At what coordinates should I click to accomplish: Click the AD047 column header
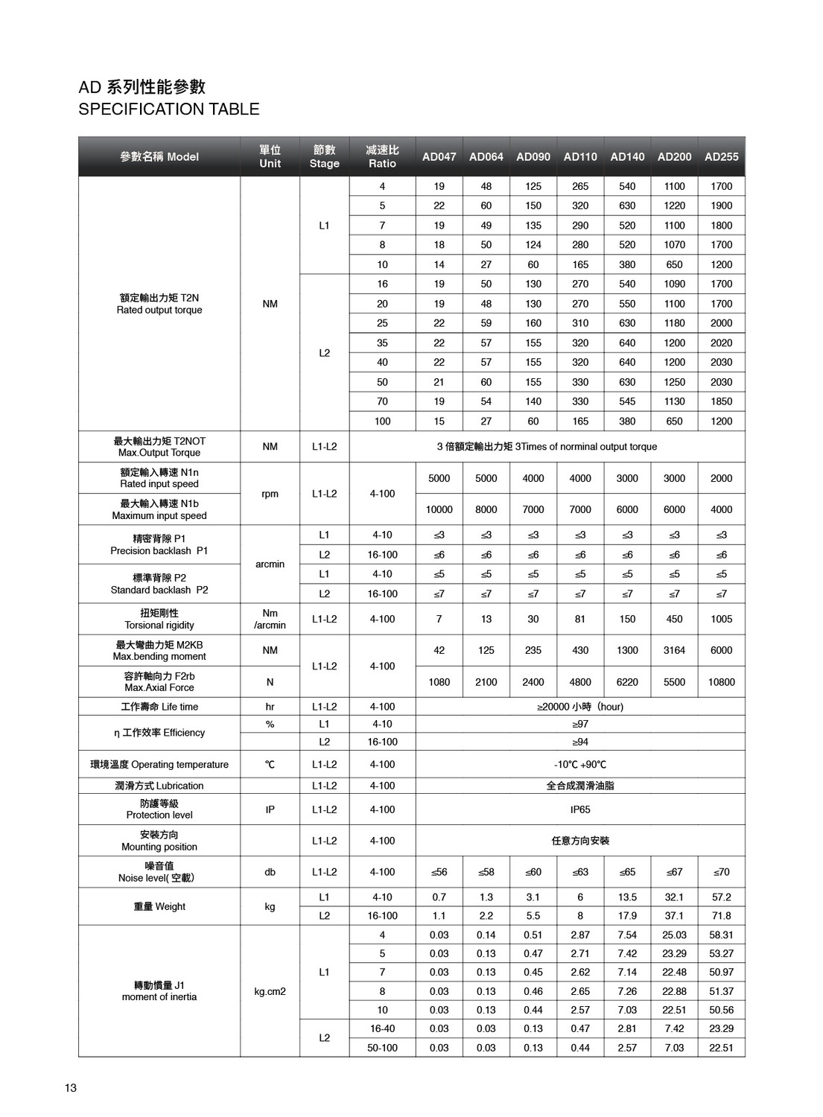[439, 156]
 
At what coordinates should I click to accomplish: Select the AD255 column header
[721, 156]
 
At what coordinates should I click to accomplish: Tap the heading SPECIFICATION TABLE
[169, 109]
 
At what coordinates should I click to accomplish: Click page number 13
[71, 1087]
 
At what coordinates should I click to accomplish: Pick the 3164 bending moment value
[674, 650]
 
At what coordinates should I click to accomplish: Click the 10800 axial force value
[721, 682]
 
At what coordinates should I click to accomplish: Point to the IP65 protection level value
[580, 809]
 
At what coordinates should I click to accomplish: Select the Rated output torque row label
[159, 304]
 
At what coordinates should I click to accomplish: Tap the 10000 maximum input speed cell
[439, 509]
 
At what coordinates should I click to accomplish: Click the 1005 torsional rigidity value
[721, 619]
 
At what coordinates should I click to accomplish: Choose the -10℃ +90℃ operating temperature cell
[580, 764]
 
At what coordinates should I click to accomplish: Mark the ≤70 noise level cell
[721, 872]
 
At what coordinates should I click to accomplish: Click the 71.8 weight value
[721, 916]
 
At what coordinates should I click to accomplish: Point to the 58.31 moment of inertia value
[721, 935]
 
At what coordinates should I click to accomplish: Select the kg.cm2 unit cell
[270, 991]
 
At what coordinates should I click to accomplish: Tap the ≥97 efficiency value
[580, 724]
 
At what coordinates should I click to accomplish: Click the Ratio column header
[382, 156]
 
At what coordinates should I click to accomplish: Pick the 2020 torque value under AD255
[721, 343]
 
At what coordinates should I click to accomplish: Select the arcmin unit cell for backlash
[270, 564]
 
